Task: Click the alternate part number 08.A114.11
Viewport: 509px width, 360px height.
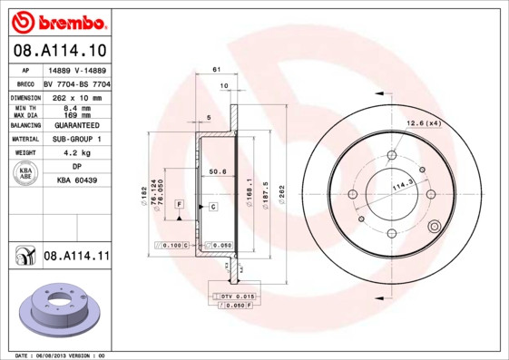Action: pyautogui.click(x=76, y=258)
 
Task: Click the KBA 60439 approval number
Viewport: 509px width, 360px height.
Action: pyautogui.click(x=77, y=181)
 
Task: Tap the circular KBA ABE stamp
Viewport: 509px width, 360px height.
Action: pyautogui.click(x=24, y=174)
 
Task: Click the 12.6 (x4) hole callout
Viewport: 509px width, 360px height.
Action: pyautogui.click(x=424, y=122)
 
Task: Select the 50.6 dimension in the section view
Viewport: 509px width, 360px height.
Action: pyautogui.click(x=217, y=170)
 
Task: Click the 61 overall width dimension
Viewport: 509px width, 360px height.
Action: pyautogui.click(x=217, y=70)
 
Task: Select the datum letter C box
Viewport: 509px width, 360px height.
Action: pyautogui.click(x=212, y=207)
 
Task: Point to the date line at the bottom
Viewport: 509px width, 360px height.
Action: pyautogui.click(x=62, y=355)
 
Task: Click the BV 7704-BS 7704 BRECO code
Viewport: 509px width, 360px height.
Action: pyautogui.click(x=77, y=82)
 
